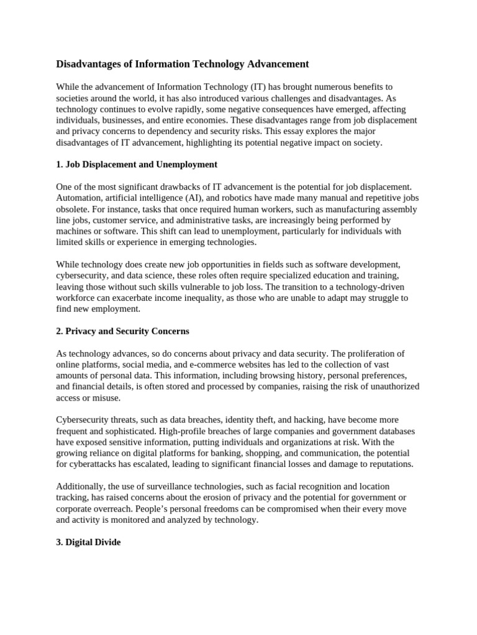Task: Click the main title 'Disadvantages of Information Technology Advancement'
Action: [x=182, y=64]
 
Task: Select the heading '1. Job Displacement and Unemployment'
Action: [x=137, y=164]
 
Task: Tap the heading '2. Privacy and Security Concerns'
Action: [x=122, y=331]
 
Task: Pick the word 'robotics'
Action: [x=234, y=198]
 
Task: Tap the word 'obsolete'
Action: [x=73, y=209]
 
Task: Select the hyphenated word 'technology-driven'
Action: [x=360, y=286]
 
